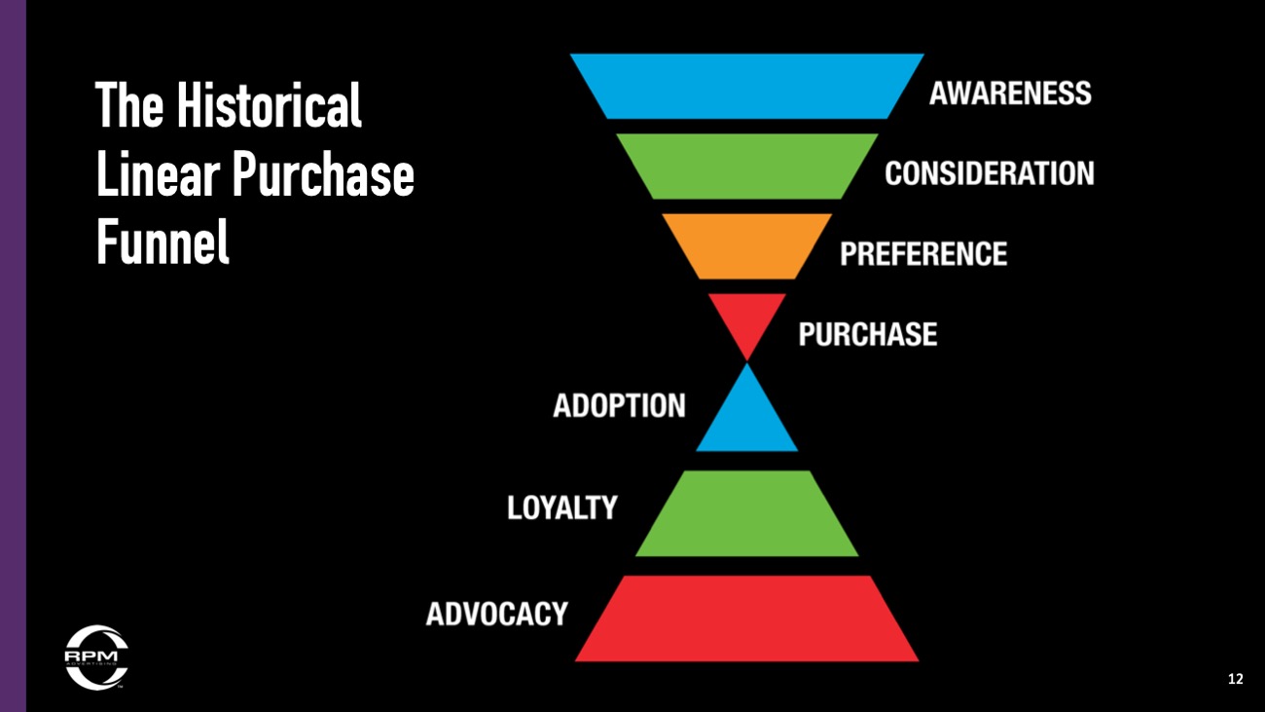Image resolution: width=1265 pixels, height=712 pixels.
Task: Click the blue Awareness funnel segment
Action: coord(746,87)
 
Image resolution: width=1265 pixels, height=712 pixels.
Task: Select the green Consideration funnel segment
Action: coord(746,167)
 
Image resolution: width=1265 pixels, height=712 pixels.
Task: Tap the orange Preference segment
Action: coord(746,245)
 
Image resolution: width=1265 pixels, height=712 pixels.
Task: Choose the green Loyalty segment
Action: coord(746,513)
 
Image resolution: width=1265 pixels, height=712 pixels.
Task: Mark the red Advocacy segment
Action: coord(746,618)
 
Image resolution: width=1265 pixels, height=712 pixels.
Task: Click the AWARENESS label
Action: coord(1010,94)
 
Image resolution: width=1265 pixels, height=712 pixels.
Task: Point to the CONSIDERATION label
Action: coord(990,173)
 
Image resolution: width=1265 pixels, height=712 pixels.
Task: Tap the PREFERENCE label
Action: coord(923,253)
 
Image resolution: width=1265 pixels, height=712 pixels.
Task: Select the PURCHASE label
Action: coord(867,334)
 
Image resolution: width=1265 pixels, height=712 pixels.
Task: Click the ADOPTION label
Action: coord(619,406)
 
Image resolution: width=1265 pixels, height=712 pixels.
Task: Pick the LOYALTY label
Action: coord(561,507)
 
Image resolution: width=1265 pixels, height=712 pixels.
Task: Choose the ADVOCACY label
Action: coord(497,614)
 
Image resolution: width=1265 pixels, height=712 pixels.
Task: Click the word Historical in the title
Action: coord(269,105)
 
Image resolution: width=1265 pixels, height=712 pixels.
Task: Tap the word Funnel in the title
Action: coord(163,241)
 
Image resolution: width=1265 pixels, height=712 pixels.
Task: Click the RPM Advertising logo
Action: coord(96,657)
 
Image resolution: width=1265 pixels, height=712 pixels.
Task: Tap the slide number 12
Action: coord(1236,679)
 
